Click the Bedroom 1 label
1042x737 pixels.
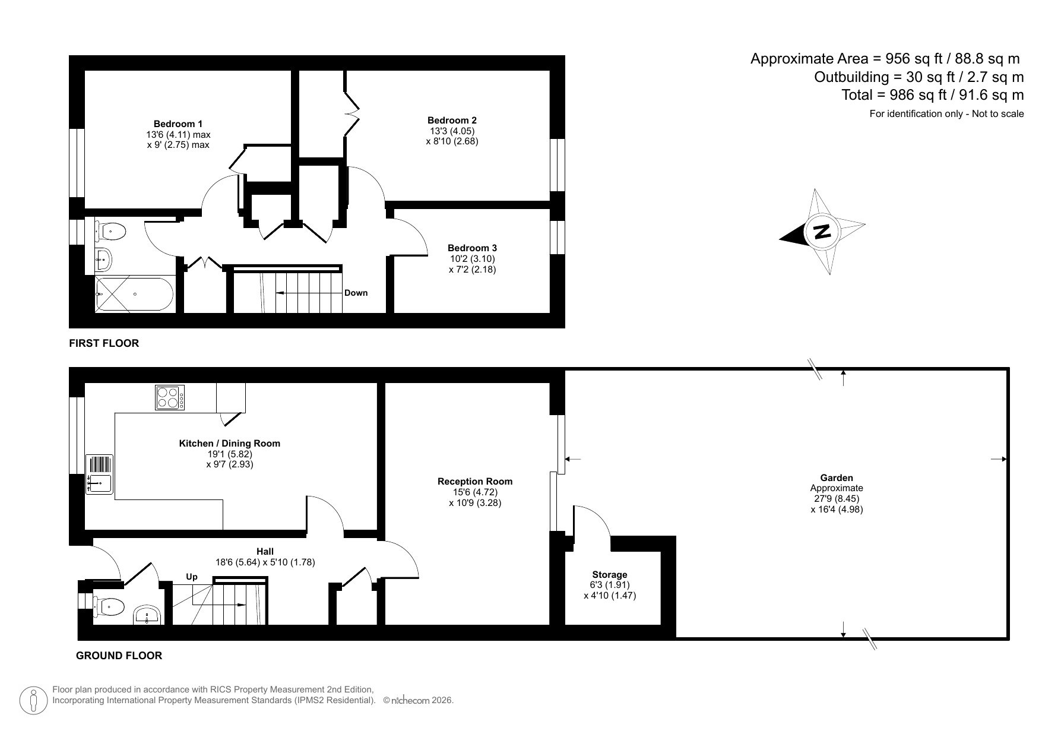178,124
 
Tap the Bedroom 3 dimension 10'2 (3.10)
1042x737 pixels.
472,258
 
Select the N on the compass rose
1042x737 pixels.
822,230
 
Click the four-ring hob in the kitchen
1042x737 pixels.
170,397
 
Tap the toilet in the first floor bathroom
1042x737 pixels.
112,230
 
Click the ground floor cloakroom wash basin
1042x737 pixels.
147,615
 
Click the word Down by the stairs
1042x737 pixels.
356,293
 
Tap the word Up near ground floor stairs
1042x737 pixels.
192,577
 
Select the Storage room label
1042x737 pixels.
610,574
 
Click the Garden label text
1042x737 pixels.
837,477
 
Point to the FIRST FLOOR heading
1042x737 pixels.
104,343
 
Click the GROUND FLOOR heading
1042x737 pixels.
119,656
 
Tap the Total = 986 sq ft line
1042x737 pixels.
932,95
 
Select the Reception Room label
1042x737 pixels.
475,481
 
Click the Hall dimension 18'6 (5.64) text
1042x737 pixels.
238,562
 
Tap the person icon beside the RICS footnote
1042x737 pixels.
33,701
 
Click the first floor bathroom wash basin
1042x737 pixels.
103,258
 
